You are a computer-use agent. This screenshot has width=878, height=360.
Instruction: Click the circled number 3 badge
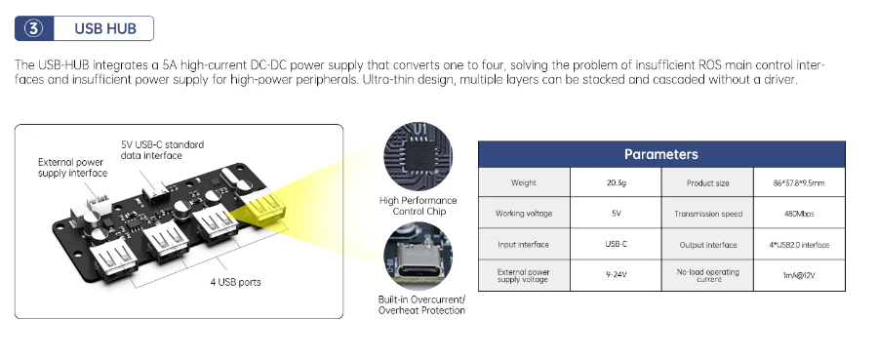(x=33, y=28)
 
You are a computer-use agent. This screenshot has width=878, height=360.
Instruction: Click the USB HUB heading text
(x=105, y=28)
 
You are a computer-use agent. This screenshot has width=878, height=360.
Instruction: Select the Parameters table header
(x=661, y=154)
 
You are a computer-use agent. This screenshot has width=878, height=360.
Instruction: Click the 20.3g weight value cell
(x=616, y=182)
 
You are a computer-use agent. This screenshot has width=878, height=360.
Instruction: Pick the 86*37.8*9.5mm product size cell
(x=799, y=182)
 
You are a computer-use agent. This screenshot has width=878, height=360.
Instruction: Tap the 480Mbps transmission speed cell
(x=799, y=214)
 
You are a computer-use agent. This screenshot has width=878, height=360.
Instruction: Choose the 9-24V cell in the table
(x=616, y=275)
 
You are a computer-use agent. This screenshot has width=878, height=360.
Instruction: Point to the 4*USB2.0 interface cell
(x=799, y=245)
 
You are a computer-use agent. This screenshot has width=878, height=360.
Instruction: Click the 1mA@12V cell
(x=799, y=275)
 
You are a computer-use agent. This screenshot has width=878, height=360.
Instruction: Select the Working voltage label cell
(x=524, y=214)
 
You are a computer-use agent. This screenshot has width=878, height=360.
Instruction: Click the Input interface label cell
(x=524, y=245)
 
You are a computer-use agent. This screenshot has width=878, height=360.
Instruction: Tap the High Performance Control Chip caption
(x=418, y=206)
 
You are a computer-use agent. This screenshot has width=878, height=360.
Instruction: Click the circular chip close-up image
(x=418, y=156)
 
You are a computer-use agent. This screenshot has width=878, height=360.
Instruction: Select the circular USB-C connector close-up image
(x=418, y=256)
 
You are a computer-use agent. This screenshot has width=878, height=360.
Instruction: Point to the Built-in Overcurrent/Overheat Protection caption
(x=421, y=304)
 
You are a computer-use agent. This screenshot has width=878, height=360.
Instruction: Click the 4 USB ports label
(x=235, y=282)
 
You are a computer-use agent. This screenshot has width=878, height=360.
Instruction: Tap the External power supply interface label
(x=73, y=168)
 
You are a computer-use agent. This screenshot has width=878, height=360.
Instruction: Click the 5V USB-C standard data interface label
(x=162, y=149)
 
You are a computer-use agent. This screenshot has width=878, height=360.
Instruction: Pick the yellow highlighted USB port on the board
(x=266, y=210)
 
